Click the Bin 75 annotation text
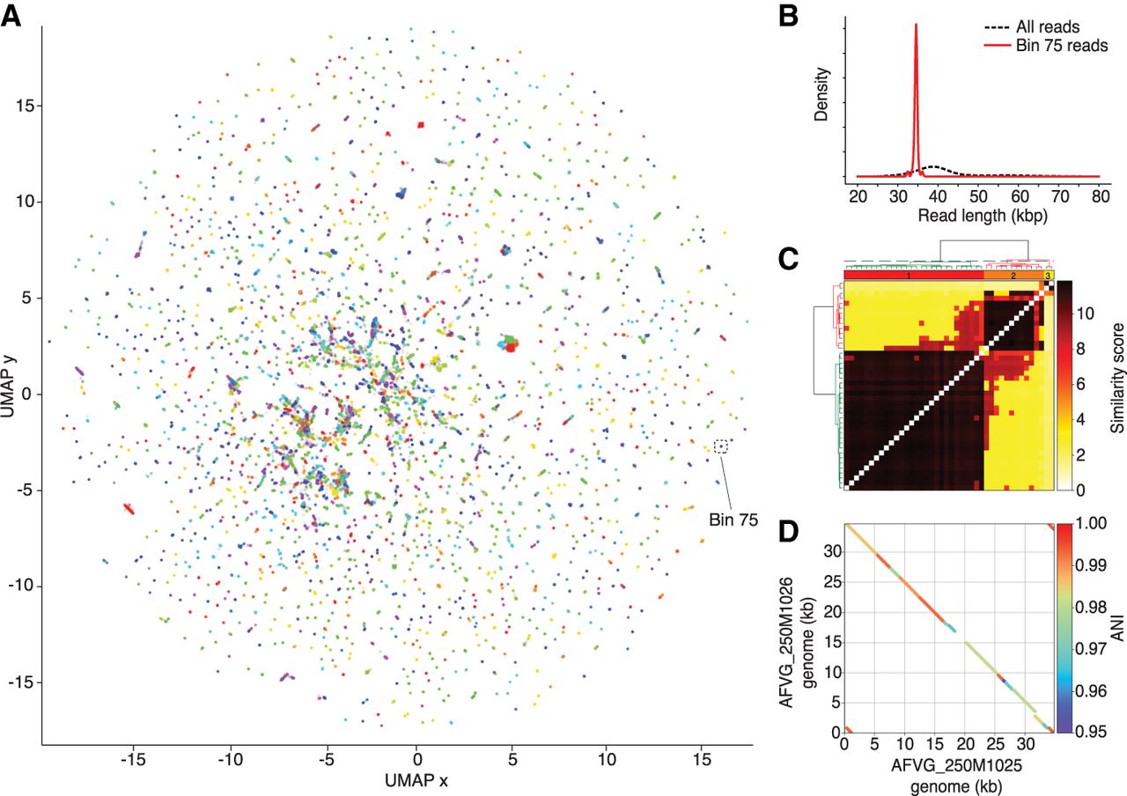[x=733, y=520]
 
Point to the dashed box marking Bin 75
[x=722, y=446]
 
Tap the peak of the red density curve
[x=917, y=26]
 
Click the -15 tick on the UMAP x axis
[x=134, y=756]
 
